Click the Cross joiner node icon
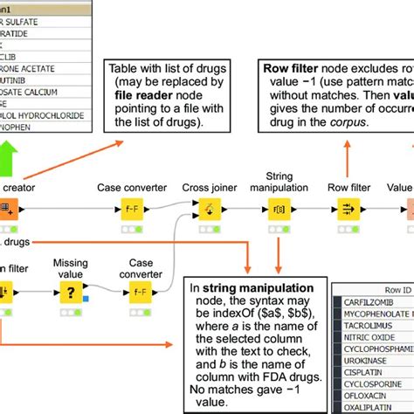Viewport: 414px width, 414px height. point(208,210)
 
